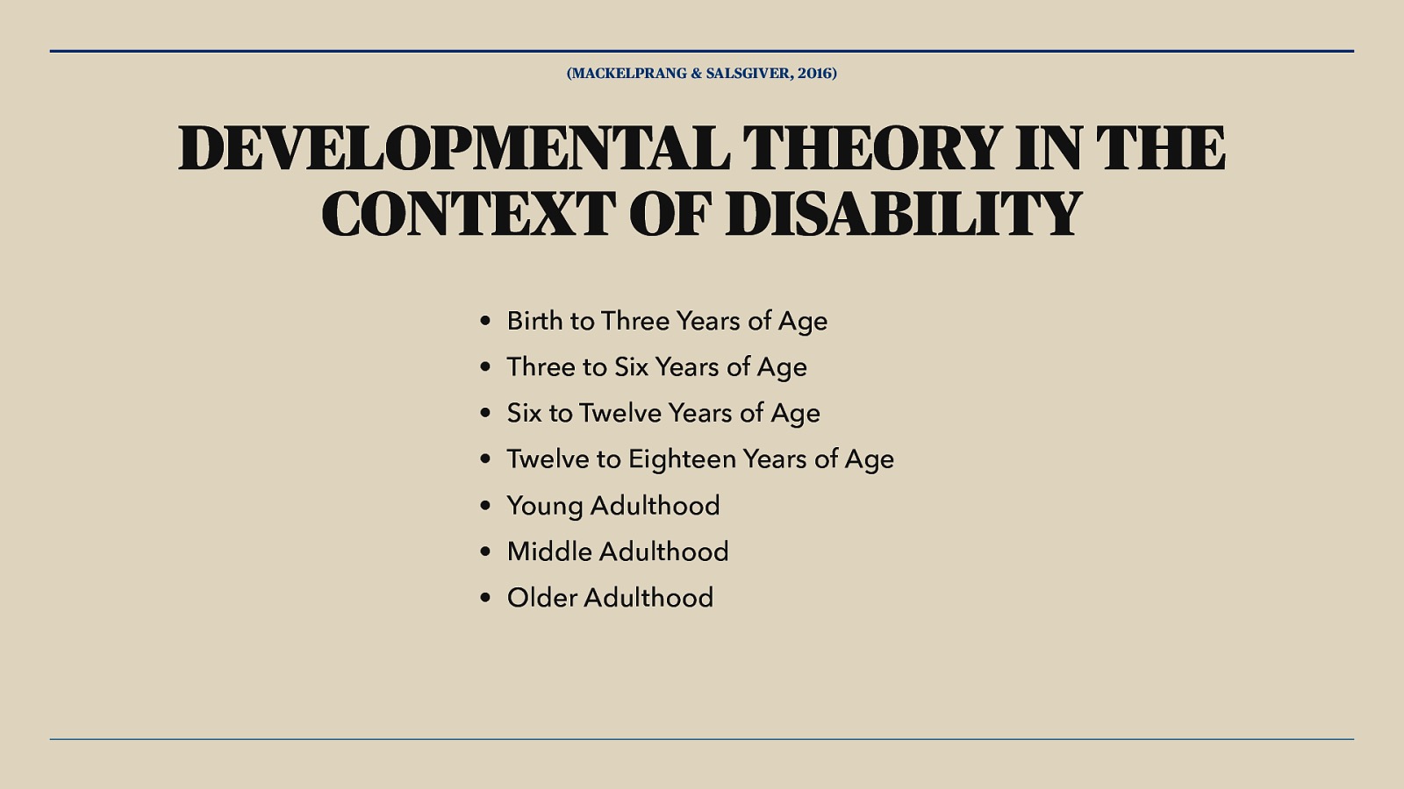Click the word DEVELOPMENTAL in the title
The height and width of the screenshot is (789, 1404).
coord(454,148)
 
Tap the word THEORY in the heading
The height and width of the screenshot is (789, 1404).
coord(872,148)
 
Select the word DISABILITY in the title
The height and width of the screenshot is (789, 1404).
coord(904,215)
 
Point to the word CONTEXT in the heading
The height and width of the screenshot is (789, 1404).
coord(467,215)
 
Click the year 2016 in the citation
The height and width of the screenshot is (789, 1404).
coord(815,74)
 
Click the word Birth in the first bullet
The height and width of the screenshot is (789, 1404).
coord(534,321)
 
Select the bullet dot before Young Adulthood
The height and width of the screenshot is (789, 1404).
coord(485,507)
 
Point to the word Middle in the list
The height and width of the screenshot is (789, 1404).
coord(549,551)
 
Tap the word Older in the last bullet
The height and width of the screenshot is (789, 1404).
coord(541,598)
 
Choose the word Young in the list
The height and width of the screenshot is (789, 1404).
coord(544,507)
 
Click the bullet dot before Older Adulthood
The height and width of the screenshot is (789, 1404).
coord(485,599)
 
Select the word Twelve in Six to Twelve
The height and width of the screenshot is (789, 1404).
coord(620,413)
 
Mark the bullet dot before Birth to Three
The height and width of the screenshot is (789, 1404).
coord(485,322)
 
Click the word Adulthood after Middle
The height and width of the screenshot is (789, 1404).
coord(663,551)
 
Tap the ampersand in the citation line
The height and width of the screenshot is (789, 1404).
coord(697,74)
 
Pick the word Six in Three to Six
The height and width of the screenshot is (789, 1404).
coord(630,367)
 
